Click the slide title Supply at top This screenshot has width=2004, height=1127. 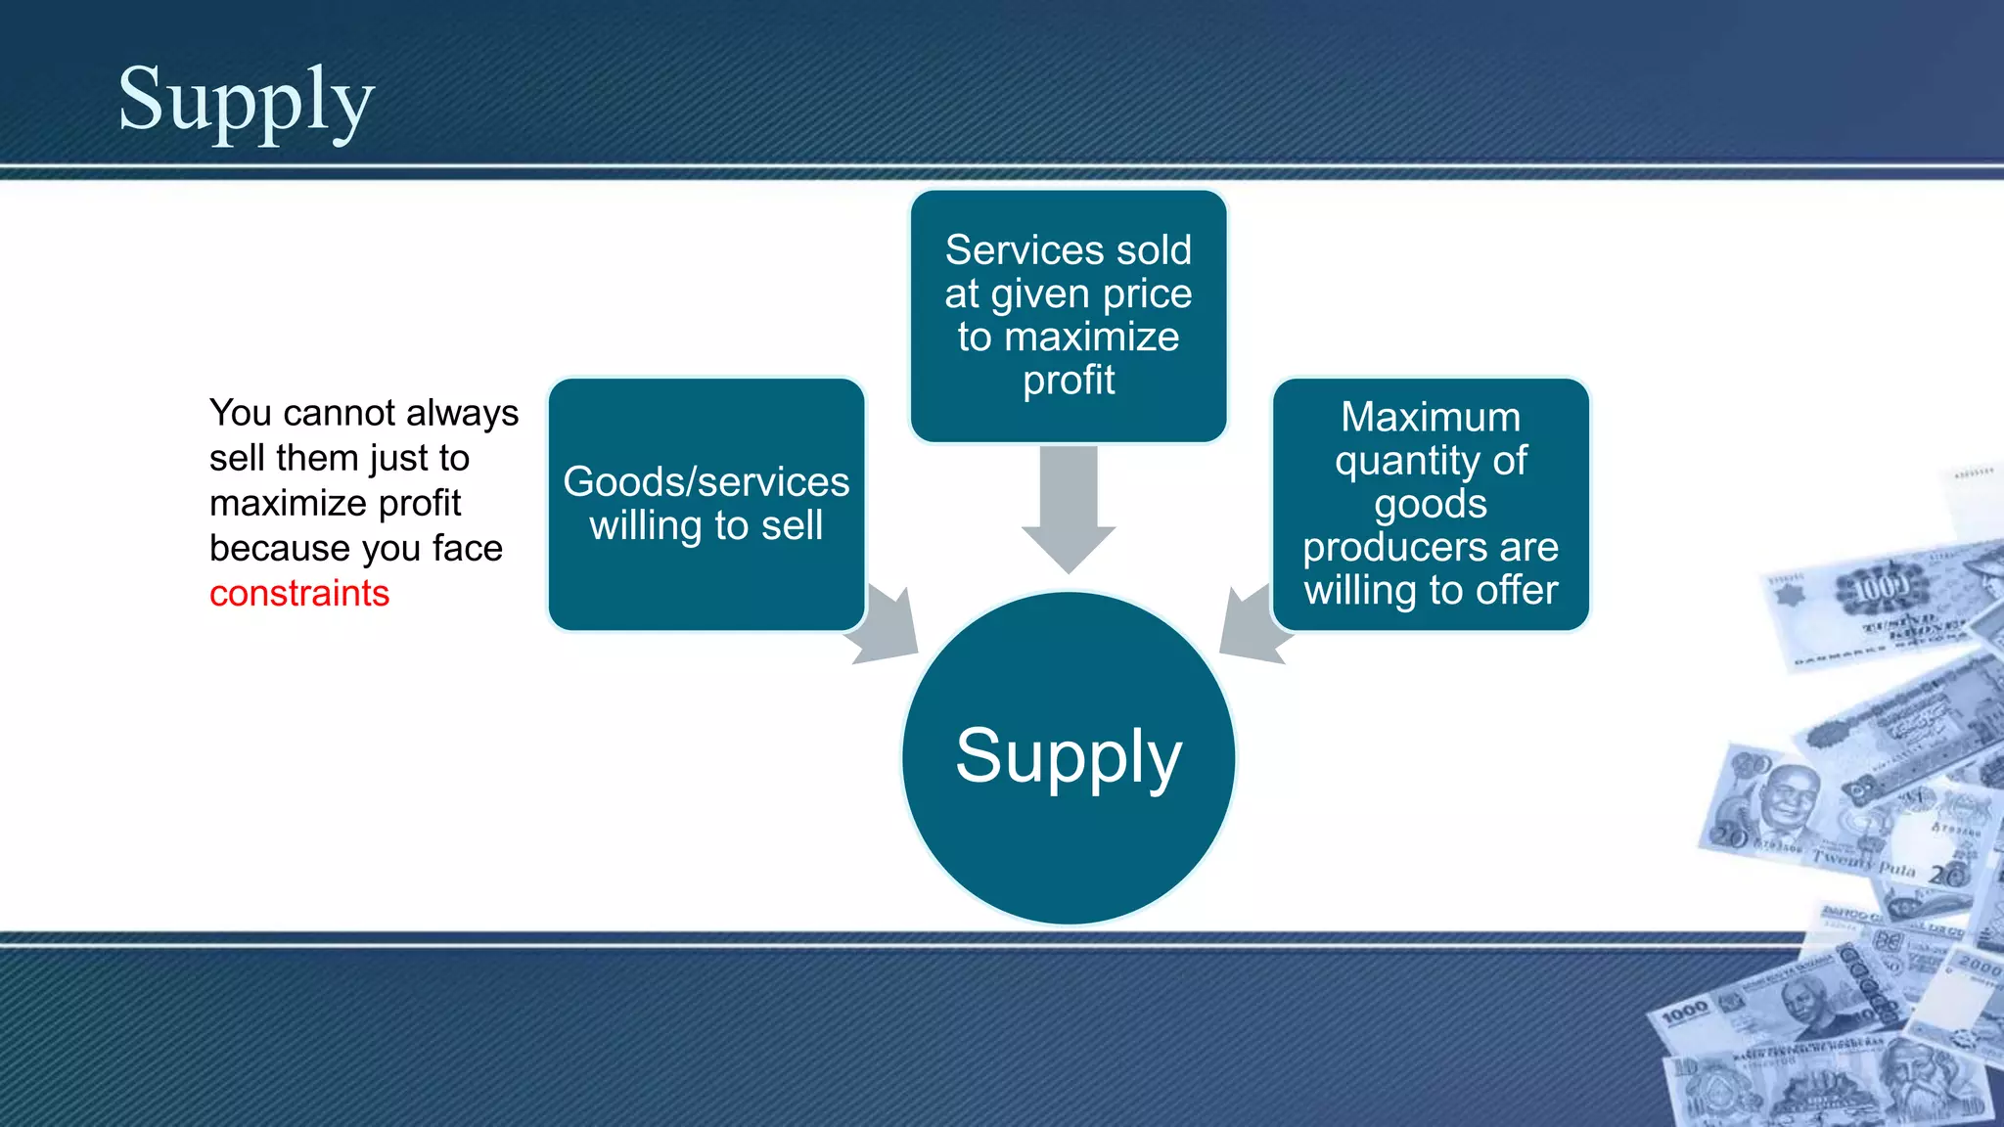(246, 101)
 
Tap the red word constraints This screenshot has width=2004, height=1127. (299, 594)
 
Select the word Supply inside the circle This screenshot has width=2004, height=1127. (1069, 756)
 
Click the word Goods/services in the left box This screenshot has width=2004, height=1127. (706, 482)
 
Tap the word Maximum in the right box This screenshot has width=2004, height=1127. (1431, 418)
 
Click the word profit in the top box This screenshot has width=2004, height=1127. (1069, 381)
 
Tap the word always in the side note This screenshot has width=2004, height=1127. (462, 414)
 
